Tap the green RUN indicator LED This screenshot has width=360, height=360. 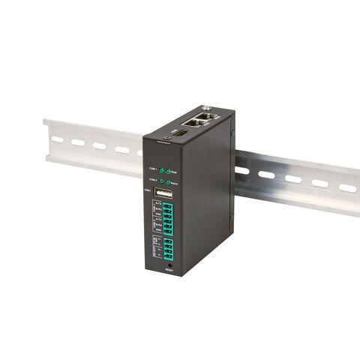[x=168, y=170]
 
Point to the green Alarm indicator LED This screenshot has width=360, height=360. [x=168, y=181]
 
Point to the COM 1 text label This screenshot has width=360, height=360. [x=152, y=167]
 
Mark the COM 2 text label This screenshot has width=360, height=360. [x=152, y=179]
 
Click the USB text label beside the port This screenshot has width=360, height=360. [x=148, y=190]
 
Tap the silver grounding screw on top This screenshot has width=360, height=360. [x=205, y=108]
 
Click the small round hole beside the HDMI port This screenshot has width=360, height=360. [x=166, y=137]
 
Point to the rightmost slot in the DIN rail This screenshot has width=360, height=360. [x=346, y=187]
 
